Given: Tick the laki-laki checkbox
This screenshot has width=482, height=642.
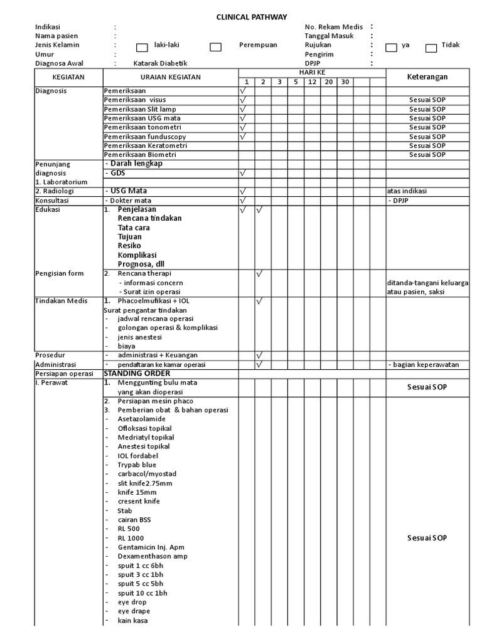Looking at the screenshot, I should (x=142, y=47).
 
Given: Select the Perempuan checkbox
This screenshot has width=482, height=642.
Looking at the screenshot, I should (x=215, y=47).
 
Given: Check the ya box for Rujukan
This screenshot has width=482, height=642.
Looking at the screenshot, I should (x=391, y=47).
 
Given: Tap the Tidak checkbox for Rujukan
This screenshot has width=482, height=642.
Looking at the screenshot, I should (x=431, y=47).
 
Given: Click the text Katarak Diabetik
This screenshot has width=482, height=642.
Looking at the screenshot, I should (x=160, y=63).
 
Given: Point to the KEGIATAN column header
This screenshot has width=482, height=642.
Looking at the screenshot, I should (x=69, y=76).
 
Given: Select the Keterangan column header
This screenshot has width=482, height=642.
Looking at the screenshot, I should (x=427, y=76).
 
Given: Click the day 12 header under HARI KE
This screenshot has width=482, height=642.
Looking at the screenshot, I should (x=312, y=82).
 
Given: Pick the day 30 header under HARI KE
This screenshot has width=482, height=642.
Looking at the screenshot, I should (x=345, y=82).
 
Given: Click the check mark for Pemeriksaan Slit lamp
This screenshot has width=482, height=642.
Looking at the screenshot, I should (x=243, y=109).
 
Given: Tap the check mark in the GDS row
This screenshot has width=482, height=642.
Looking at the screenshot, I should (x=243, y=172).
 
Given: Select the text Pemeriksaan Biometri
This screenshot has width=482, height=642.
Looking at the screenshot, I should (x=140, y=154).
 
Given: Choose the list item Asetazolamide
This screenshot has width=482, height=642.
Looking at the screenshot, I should (x=142, y=419).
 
